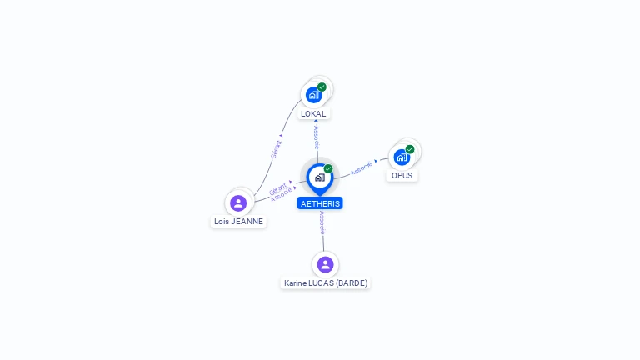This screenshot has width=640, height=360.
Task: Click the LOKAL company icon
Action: point(313,94)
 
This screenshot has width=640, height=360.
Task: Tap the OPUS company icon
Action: point(402,157)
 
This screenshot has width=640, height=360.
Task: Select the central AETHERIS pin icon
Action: point(319,177)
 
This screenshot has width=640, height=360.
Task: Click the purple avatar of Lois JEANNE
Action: point(238,202)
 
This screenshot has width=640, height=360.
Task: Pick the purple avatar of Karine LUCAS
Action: point(325,264)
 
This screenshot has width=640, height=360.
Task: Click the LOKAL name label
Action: point(313,113)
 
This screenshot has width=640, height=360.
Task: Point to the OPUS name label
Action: point(402,176)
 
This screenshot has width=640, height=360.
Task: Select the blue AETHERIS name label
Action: point(320,203)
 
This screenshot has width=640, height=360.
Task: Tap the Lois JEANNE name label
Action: point(238,222)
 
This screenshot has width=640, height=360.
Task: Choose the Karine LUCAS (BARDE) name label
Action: point(325,283)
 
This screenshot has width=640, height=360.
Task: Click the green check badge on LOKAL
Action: point(322,87)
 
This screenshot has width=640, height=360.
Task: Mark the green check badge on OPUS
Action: point(410,149)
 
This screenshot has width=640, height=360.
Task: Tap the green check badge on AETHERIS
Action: point(328,168)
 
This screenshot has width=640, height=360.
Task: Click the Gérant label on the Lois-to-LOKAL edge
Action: point(277,148)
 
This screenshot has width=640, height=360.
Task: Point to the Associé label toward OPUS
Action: point(362,167)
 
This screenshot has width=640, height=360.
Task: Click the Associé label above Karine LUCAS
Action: point(322,222)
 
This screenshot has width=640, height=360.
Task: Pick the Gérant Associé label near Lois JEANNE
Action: point(281,191)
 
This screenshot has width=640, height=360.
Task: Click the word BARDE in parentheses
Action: point(351,283)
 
